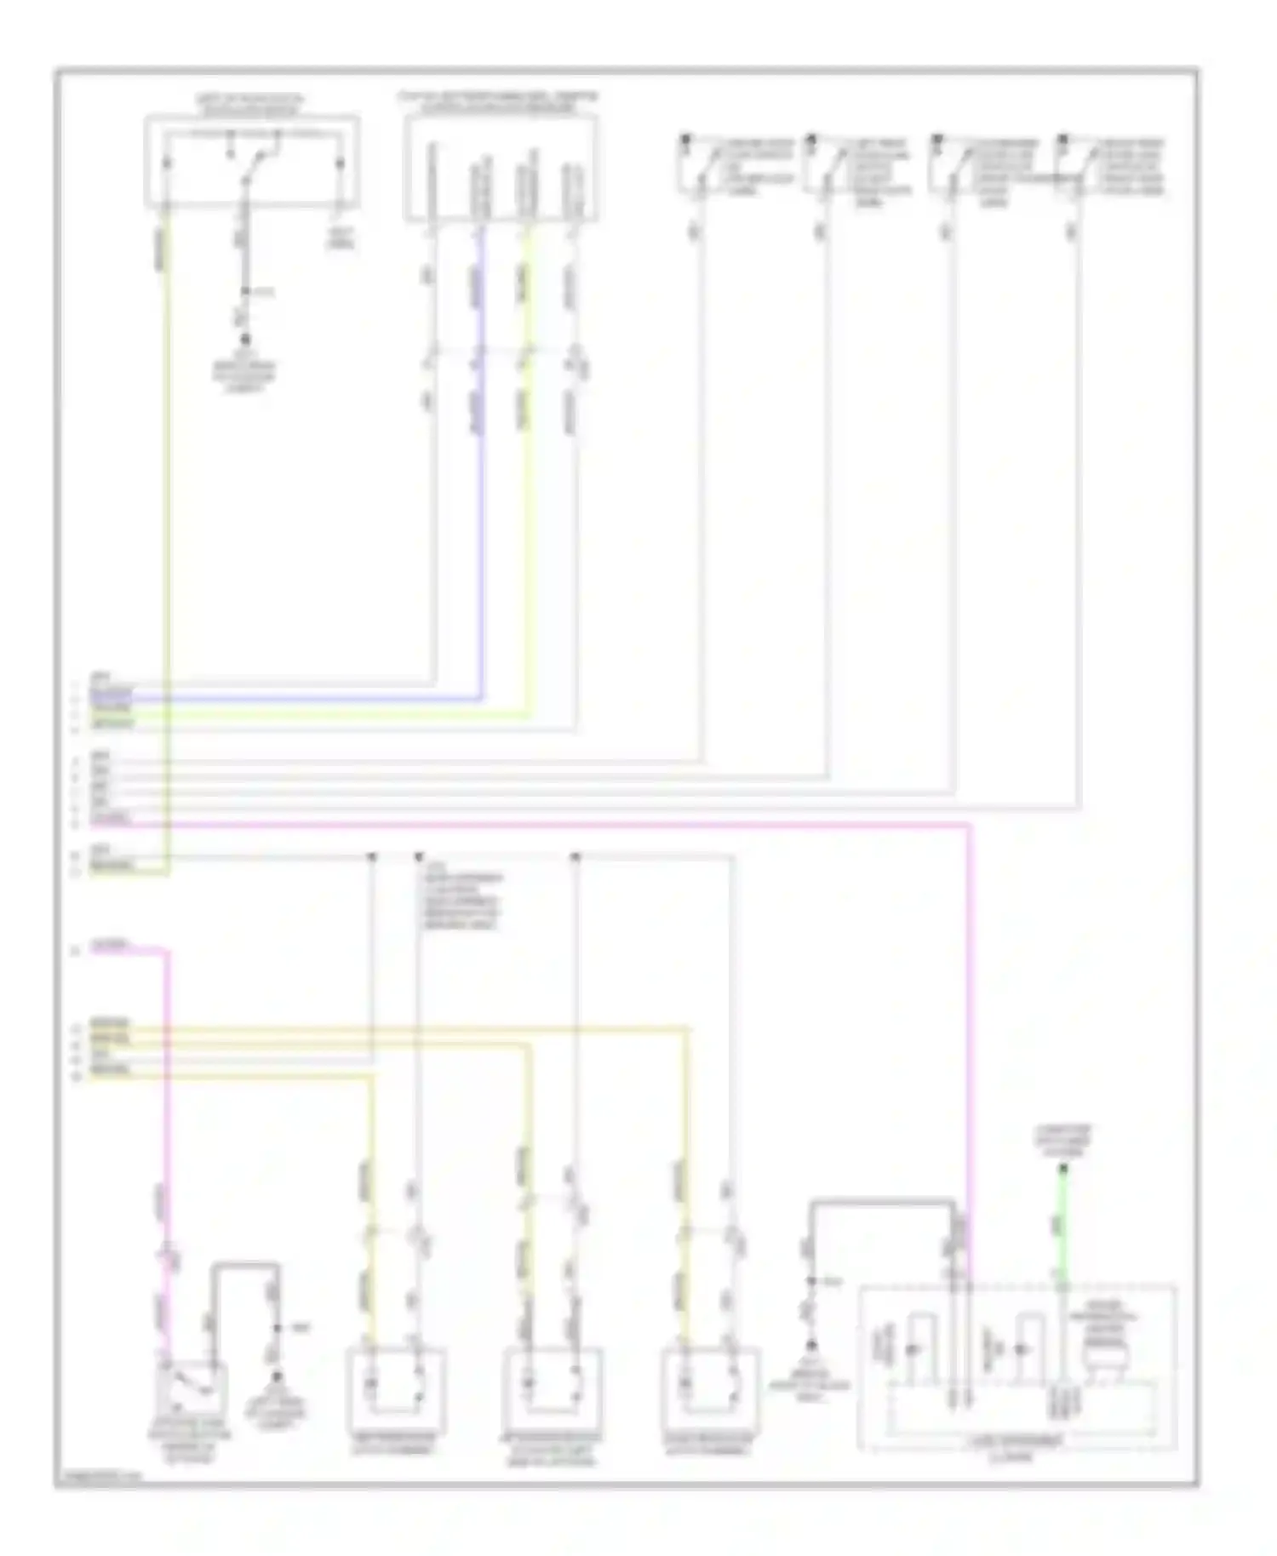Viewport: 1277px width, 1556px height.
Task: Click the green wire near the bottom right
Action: (x=1062, y=1226)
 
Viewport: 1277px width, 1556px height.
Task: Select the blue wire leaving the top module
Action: (x=482, y=511)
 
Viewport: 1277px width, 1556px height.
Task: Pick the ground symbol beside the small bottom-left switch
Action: (x=276, y=1377)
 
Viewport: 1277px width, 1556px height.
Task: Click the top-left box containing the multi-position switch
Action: (x=251, y=162)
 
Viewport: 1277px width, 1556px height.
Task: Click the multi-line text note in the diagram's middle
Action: (x=461, y=900)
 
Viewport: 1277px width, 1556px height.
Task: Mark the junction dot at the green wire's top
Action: (x=1062, y=1169)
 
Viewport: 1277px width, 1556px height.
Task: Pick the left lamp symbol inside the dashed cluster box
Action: (x=913, y=1350)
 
